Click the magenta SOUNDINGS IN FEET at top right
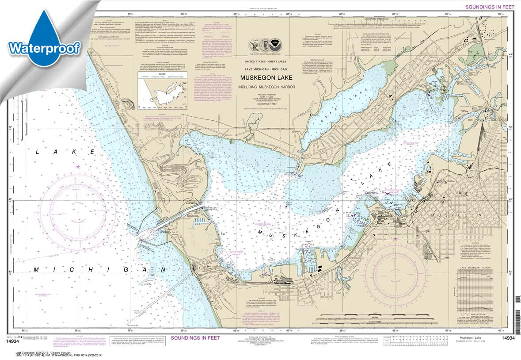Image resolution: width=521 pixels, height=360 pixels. [x=490, y=7]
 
